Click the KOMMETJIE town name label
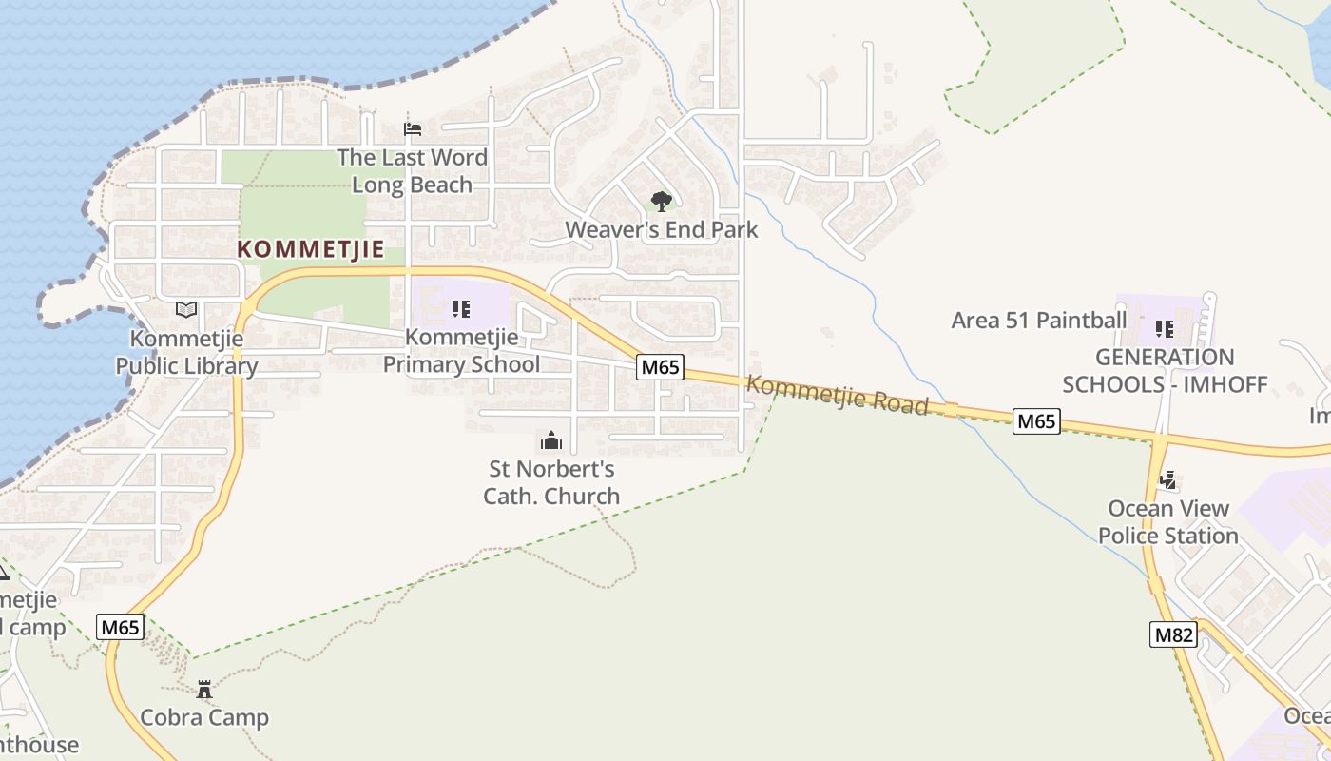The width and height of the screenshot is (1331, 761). [310, 249]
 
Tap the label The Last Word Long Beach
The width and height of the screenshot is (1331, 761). [412, 171]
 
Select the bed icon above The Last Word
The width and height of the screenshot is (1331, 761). [413, 128]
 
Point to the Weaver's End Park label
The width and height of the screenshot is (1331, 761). [662, 229]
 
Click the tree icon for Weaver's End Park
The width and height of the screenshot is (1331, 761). [662, 201]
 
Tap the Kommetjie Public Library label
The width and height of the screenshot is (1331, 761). [186, 352]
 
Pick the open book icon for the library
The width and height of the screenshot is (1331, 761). [186, 309]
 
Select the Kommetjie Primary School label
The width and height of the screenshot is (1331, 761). [461, 350]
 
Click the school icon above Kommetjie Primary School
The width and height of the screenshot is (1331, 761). [461, 308]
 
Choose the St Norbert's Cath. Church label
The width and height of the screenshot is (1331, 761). [551, 482]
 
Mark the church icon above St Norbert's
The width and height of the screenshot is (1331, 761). [551, 440]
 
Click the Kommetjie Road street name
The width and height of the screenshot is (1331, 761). [837, 395]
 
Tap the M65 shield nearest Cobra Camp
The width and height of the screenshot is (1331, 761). [121, 627]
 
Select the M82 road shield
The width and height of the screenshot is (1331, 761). [1173, 634]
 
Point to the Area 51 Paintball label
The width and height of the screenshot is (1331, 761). [1039, 320]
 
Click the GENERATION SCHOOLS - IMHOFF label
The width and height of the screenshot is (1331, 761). [1165, 371]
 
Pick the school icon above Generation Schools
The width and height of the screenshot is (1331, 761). [1165, 329]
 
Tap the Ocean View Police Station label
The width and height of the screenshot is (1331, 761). [1168, 522]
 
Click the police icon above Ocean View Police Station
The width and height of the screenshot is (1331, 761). [1168, 480]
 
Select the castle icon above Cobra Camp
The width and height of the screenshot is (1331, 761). [204, 689]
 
